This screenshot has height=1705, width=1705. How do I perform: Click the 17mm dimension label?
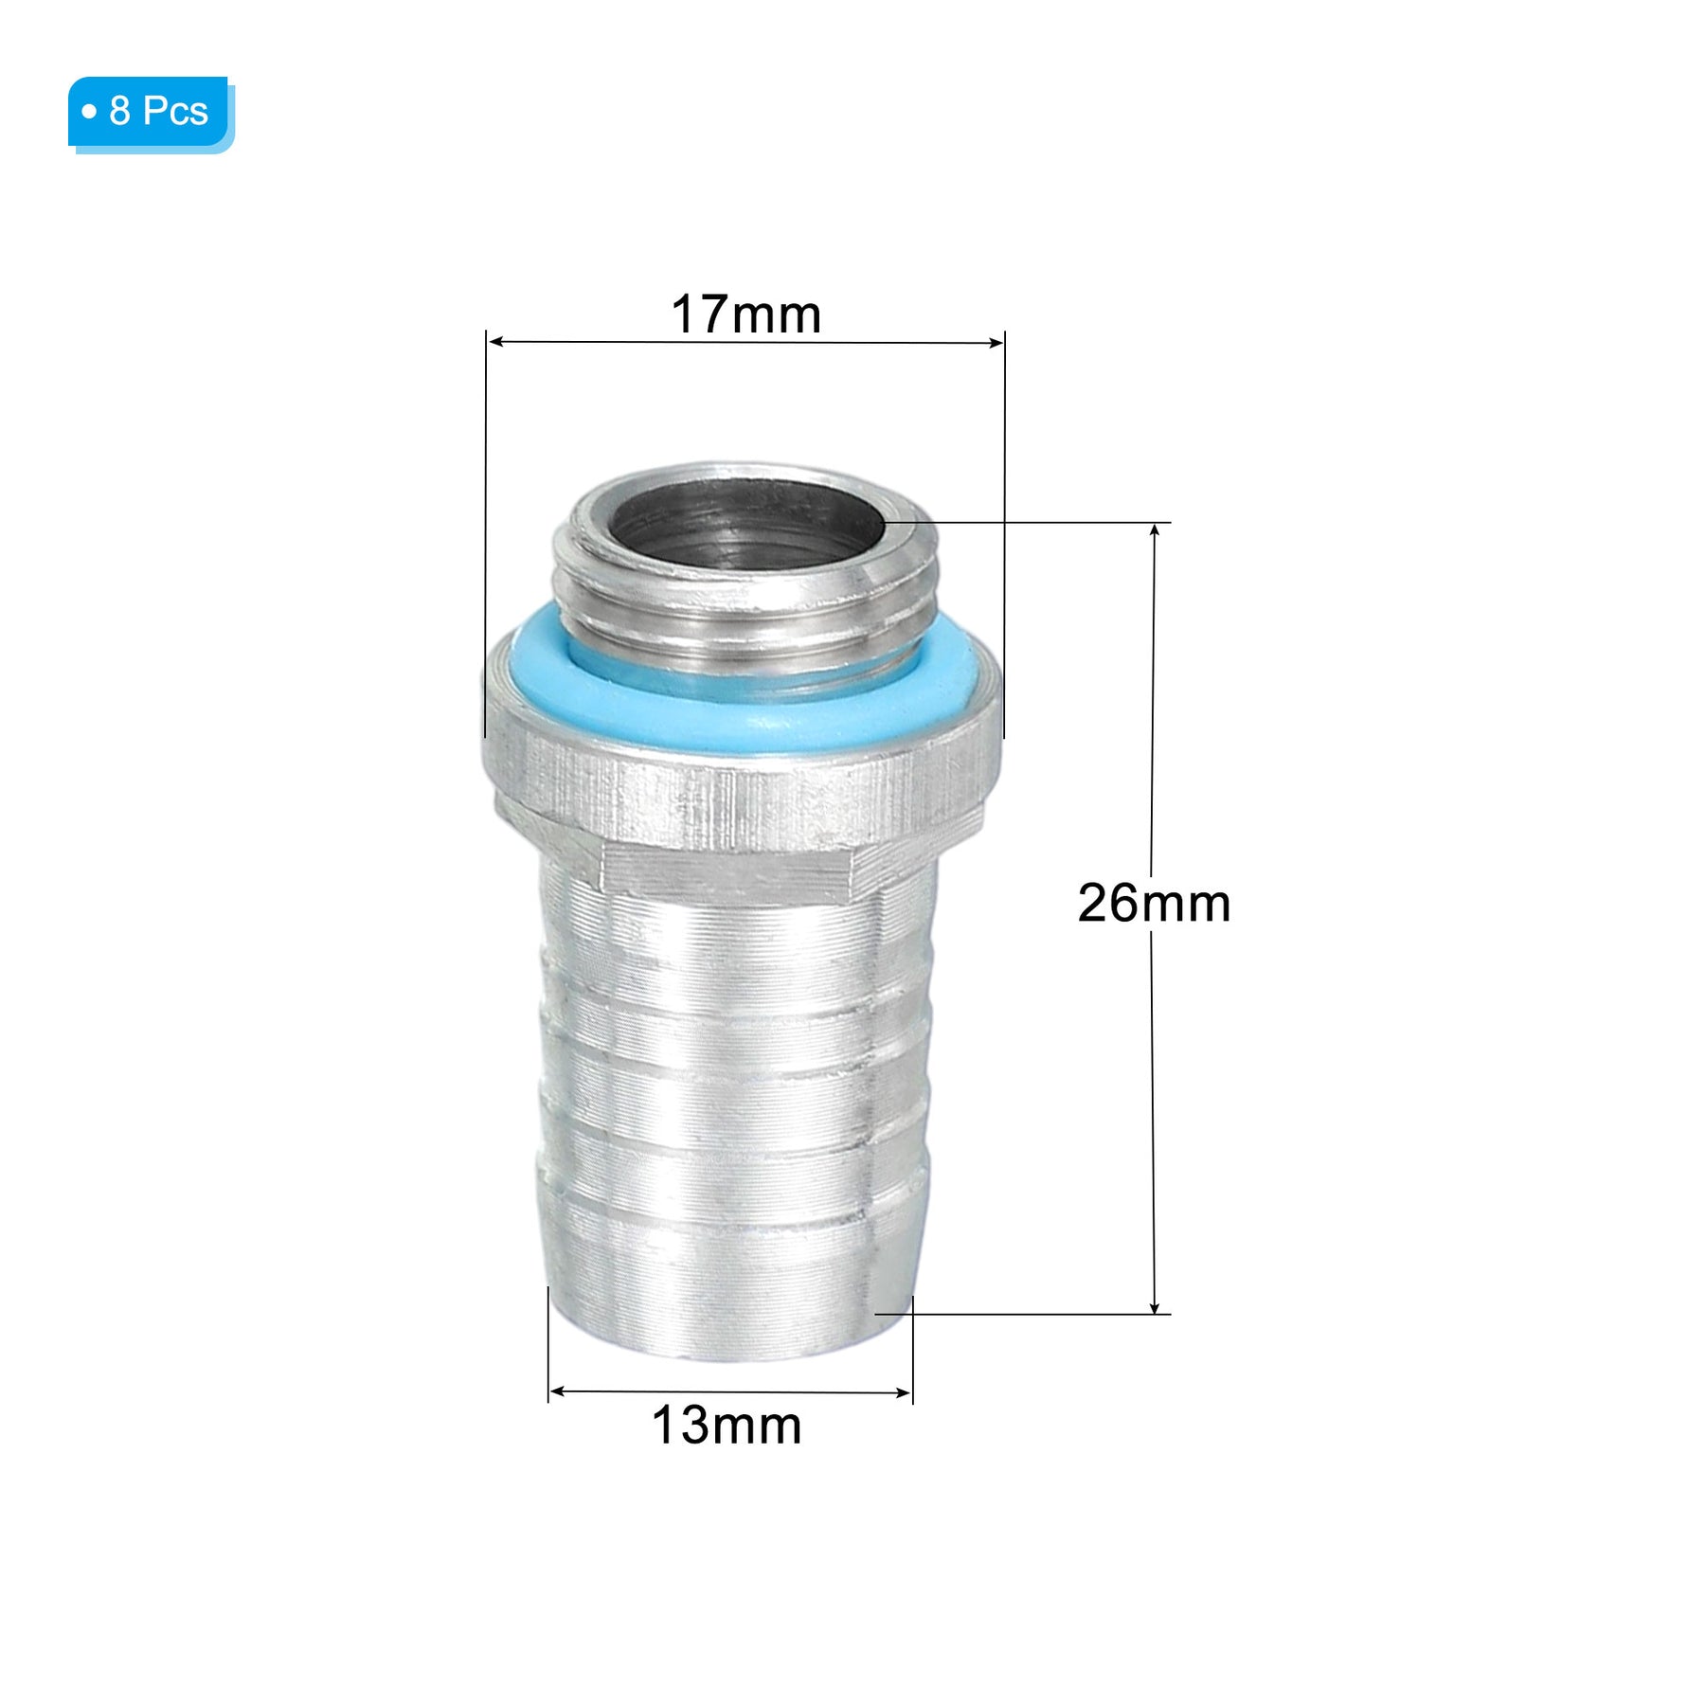click(745, 314)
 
